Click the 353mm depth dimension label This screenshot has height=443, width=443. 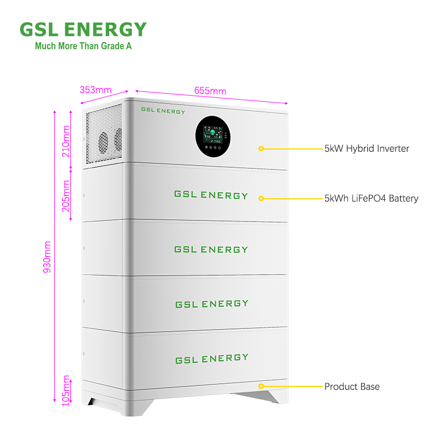96,89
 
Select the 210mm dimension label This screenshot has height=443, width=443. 66,141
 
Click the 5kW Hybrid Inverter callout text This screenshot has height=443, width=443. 367,148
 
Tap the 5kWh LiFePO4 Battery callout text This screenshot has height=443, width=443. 371,198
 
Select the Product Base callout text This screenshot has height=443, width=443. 352,387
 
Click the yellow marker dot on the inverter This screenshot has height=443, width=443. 261,148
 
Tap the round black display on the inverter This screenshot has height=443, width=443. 212,136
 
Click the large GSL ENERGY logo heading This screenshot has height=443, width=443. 83,29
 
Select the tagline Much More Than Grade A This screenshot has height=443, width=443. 83,46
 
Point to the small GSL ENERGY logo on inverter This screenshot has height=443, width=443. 163,111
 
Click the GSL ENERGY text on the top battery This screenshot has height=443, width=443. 211,195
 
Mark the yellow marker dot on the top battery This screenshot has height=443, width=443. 261,198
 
